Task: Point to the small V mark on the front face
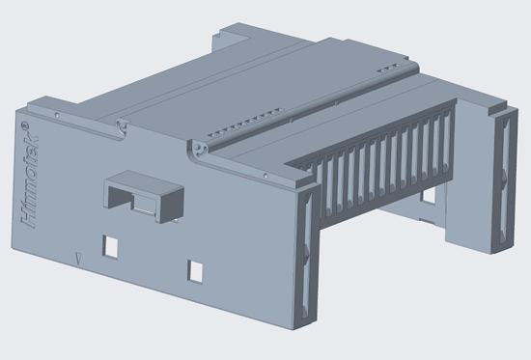[x=79, y=259]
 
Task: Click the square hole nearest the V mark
[x=110, y=247]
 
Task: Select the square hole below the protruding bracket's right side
[x=195, y=271]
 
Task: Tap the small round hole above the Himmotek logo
[x=57, y=115]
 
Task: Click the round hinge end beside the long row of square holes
[x=198, y=150]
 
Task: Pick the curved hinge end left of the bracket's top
[x=123, y=127]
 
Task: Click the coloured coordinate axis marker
[x=251, y=169]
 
